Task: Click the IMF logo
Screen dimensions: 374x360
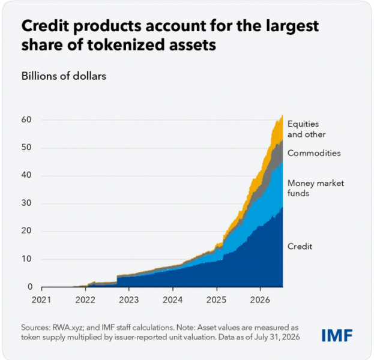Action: click(337, 335)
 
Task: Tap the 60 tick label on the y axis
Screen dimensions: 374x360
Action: click(26, 119)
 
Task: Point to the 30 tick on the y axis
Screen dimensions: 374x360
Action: click(26, 203)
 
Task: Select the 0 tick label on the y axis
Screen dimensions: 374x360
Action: click(30, 287)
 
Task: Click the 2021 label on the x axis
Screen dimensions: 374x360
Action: click(41, 300)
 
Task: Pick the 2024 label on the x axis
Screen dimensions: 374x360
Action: click(172, 300)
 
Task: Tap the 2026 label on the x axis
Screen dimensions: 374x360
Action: click(260, 300)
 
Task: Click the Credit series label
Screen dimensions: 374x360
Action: click(300, 246)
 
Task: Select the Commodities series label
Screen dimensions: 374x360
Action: click(314, 153)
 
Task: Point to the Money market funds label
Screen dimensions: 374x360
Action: click(316, 188)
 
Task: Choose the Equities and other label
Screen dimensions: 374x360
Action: click(307, 129)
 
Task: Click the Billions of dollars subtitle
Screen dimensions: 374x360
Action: click(64, 76)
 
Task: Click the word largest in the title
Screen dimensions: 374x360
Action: click(292, 26)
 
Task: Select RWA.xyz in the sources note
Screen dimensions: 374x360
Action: click(68, 328)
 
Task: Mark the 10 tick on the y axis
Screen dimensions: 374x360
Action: click(26, 259)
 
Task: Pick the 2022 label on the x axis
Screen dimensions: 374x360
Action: click(85, 300)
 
